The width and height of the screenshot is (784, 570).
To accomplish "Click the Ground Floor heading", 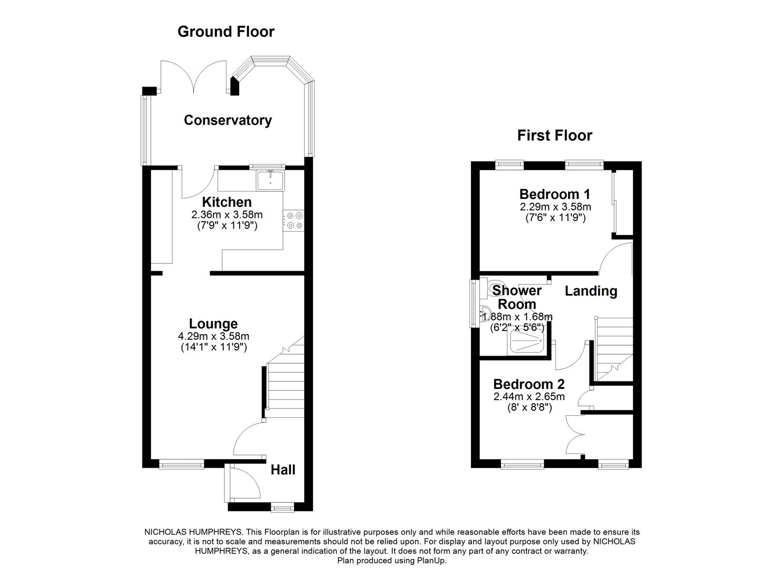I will coord(226,32).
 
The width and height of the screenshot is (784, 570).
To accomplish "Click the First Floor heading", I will coord(554,136).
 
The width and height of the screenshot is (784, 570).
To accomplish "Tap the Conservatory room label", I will coord(228,120).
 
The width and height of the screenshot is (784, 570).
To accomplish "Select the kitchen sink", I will coord(270,180).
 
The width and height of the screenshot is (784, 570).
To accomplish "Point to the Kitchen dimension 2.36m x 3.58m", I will coord(226,215).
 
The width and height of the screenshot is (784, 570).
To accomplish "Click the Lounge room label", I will coord(213,324).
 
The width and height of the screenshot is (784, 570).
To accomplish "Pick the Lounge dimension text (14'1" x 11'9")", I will coord(213,347).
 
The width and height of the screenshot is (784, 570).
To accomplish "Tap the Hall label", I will coord(283,470).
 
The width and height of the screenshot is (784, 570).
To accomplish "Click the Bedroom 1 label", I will coord(554,194).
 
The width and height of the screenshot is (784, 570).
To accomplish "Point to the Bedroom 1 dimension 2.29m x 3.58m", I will coord(555,207).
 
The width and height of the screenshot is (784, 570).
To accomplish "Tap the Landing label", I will coord(591,291).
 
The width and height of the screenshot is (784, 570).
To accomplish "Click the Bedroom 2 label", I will coord(528,384).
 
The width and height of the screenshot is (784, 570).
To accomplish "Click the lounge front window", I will coord(181,464).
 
